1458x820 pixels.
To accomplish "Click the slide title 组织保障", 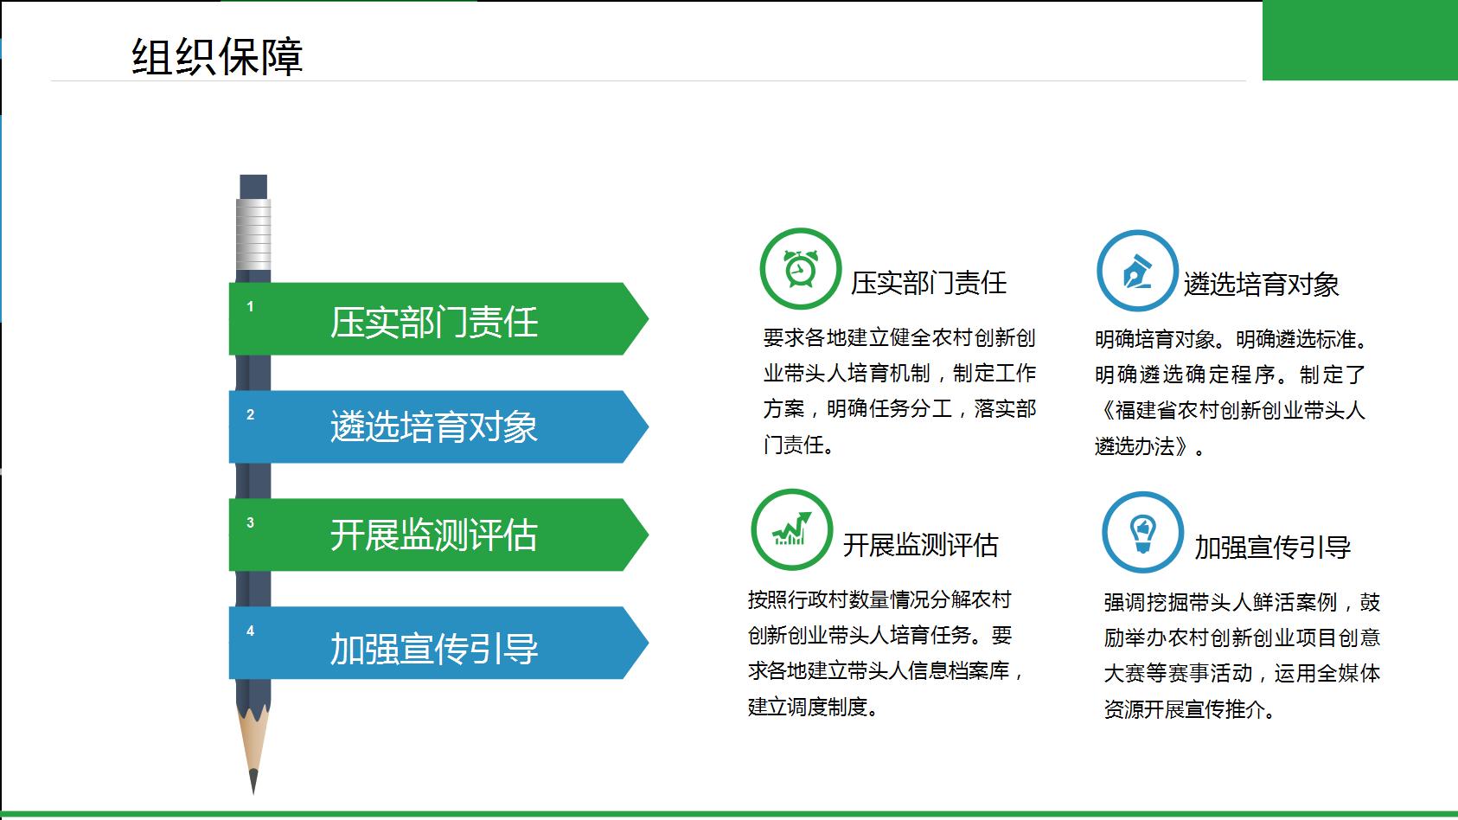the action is pyautogui.click(x=217, y=56).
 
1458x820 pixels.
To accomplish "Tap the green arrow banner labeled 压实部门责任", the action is pyautogui.click(x=438, y=319).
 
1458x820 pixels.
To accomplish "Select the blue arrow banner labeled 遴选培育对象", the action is pyautogui.click(x=438, y=427).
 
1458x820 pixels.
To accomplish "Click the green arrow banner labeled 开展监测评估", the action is pyautogui.click(x=438, y=535).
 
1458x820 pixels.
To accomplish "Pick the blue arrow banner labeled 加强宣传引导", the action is pyautogui.click(x=438, y=643).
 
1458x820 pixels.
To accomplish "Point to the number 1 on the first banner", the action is pyautogui.click(x=250, y=306).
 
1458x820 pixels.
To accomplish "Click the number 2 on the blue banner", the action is pyautogui.click(x=250, y=414).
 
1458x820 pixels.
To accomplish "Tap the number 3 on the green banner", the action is pyautogui.click(x=250, y=522).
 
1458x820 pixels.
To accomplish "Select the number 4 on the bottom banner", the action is pyautogui.click(x=250, y=631).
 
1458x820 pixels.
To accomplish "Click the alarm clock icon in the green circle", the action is pyautogui.click(x=801, y=268).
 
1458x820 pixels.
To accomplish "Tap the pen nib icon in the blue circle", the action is pyautogui.click(x=1137, y=271).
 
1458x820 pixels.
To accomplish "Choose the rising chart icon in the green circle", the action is pyautogui.click(x=791, y=529).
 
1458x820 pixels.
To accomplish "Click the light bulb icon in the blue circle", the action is pyautogui.click(x=1143, y=533).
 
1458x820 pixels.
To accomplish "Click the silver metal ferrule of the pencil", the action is pyautogui.click(x=253, y=234).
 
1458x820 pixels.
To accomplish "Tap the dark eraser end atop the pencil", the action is pyautogui.click(x=253, y=187).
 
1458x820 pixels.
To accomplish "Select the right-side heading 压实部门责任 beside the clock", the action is pyautogui.click(x=929, y=283).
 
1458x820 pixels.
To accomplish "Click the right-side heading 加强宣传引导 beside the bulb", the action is pyautogui.click(x=1272, y=548).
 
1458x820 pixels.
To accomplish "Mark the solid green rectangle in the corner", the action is pyautogui.click(x=1360, y=41).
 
